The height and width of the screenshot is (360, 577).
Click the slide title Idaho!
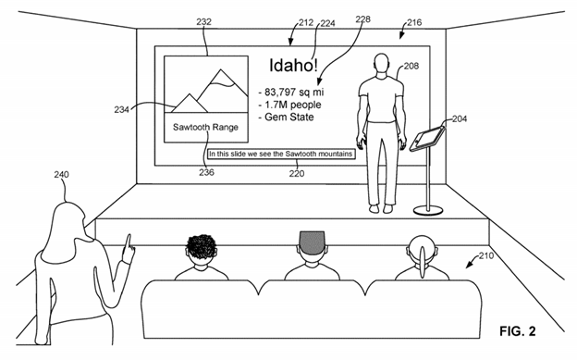tap(292, 66)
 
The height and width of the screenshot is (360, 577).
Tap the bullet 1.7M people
tap(293, 104)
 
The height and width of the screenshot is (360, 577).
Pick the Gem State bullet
tap(288, 117)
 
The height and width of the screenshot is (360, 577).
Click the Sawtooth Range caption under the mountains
tap(206, 127)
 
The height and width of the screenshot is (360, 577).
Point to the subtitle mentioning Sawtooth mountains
tap(281, 155)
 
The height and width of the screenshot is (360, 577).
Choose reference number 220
tap(296, 171)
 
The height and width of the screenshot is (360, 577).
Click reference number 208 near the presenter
tap(411, 65)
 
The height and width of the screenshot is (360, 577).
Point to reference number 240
tap(62, 173)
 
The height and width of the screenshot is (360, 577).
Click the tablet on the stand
tap(425, 139)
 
